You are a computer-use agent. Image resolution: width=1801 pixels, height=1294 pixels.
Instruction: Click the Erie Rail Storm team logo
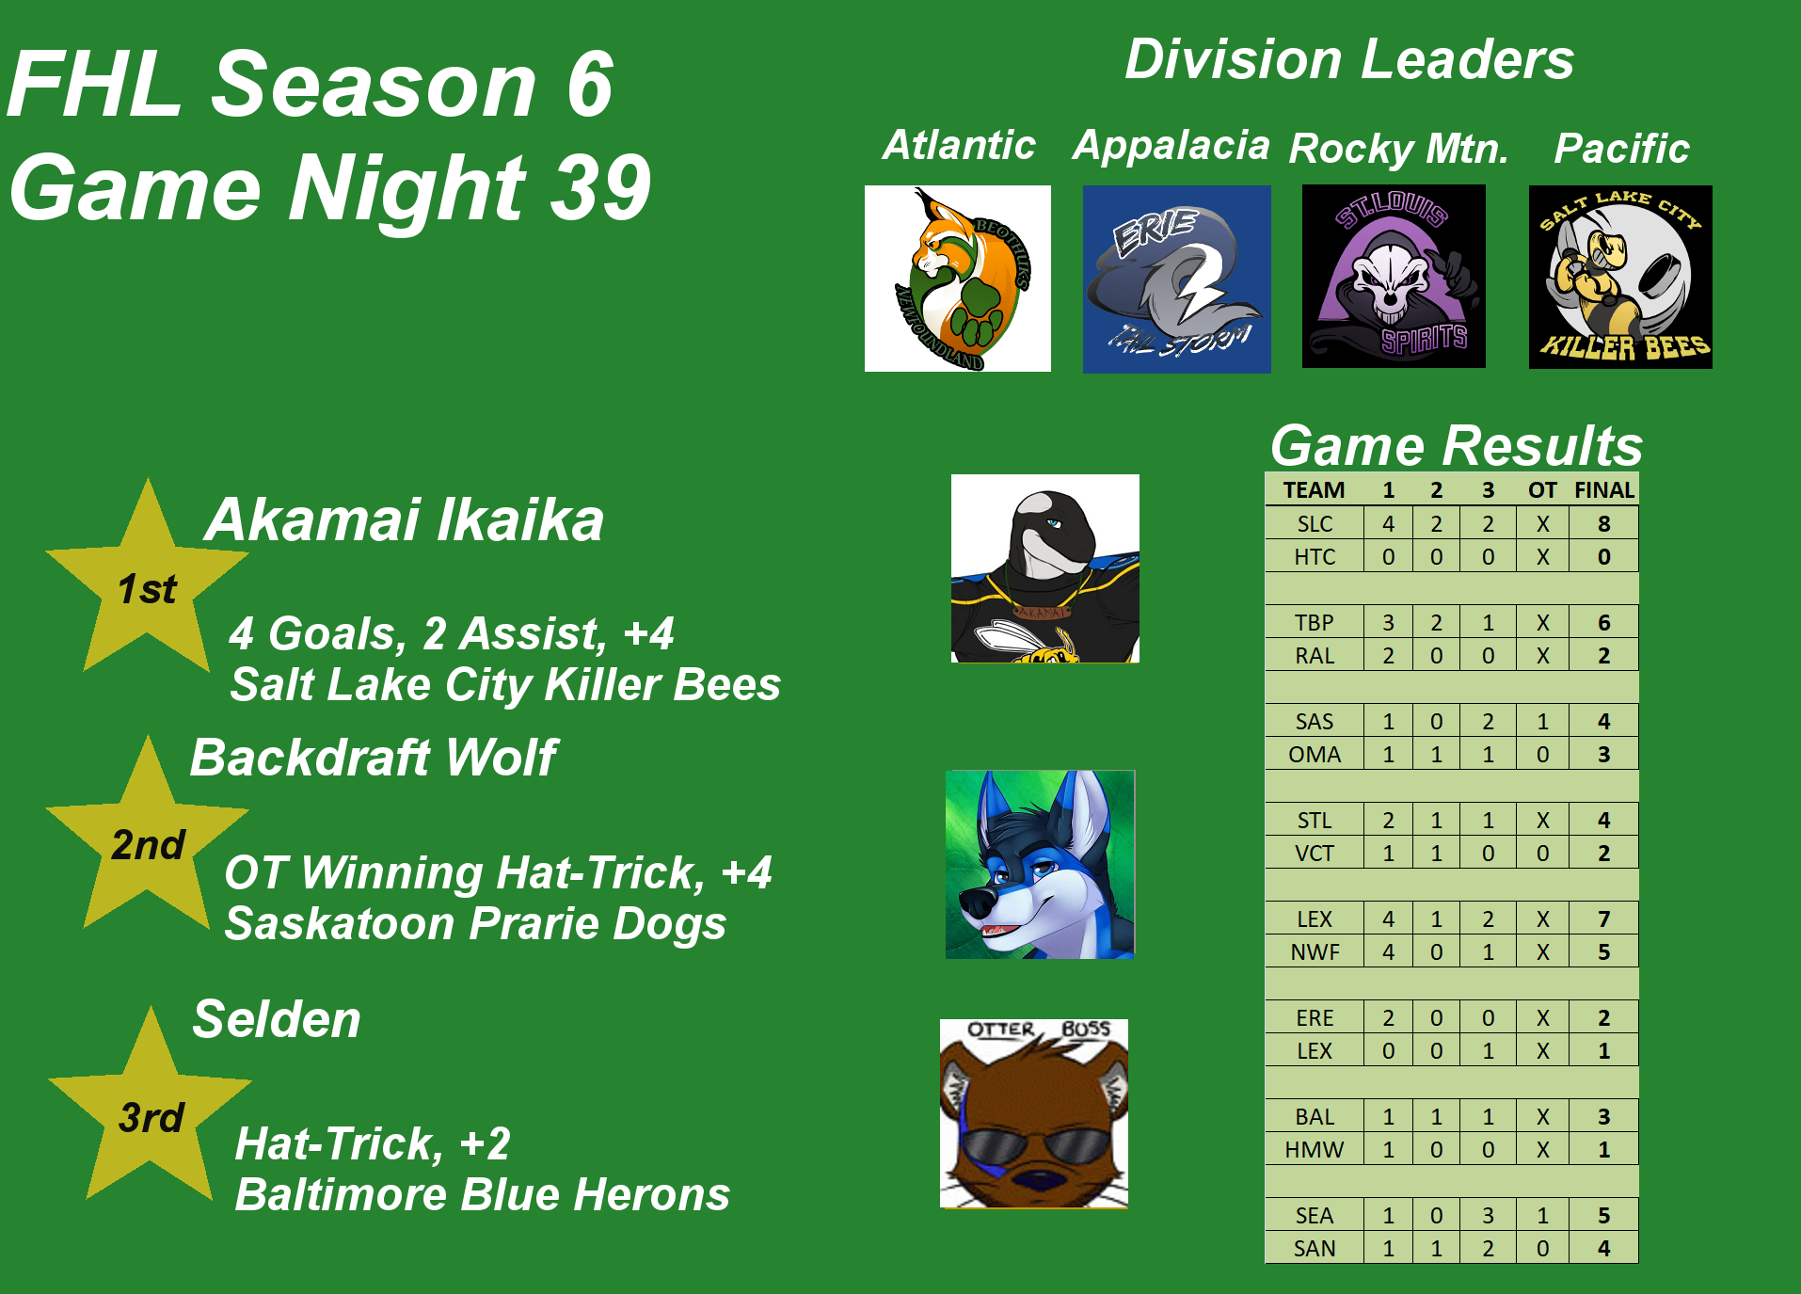[1176, 279]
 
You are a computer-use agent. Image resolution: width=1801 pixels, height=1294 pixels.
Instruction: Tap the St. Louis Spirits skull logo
[1394, 276]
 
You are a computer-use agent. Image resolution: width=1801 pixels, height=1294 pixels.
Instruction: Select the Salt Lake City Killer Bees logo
[1620, 277]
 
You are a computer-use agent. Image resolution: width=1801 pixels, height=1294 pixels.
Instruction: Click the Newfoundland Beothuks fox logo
[958, 279]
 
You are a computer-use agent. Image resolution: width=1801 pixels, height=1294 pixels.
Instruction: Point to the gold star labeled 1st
[147, 583]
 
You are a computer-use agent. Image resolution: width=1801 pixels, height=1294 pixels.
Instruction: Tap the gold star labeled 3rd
[150, 1111]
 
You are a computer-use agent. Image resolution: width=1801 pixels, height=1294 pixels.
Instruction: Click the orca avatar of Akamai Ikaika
[1045, 568]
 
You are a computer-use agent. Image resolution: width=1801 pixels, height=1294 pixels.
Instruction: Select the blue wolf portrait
[1040, 864]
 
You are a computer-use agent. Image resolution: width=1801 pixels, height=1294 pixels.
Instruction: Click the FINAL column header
[1604, 490]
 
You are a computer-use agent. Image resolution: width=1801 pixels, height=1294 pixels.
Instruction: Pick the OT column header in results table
[1542, 490]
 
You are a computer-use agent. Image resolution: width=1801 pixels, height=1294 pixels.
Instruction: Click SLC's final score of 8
[1604, 524]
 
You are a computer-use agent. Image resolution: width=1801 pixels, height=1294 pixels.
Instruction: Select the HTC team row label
[1315, 557]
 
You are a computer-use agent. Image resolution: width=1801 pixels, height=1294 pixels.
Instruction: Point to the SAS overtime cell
[1542, 722]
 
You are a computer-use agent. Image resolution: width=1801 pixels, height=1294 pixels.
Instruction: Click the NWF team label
[1315, 952]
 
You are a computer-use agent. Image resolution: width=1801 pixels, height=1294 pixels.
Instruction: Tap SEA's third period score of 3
[1488, 1216]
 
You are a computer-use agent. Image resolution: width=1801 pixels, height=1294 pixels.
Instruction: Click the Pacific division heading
[1621, 148]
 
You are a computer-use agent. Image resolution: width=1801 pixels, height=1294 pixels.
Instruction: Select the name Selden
[277, 1019]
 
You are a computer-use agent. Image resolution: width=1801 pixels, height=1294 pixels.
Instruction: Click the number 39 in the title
[601, 187]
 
